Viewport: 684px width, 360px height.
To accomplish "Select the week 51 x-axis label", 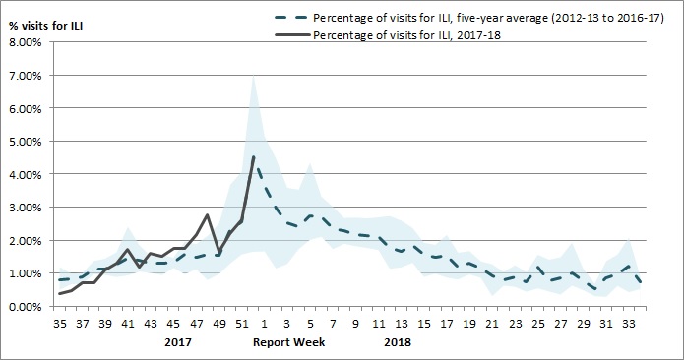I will click(x=242, y=323).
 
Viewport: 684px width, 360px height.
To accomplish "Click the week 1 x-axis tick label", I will click(x=264, y=323).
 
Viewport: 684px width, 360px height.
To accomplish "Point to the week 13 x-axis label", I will click(x=400, y=323).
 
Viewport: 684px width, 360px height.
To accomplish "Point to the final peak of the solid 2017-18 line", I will click(x=254, y=157).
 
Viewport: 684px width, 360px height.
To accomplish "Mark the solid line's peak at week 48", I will click(x=207, y=214).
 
